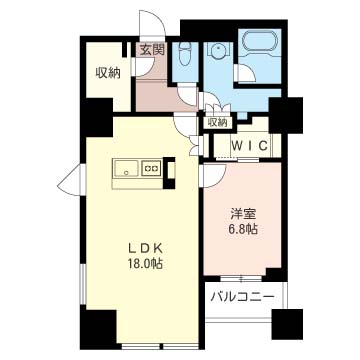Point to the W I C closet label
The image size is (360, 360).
point(247,145)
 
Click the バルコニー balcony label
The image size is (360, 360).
point(245,297)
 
